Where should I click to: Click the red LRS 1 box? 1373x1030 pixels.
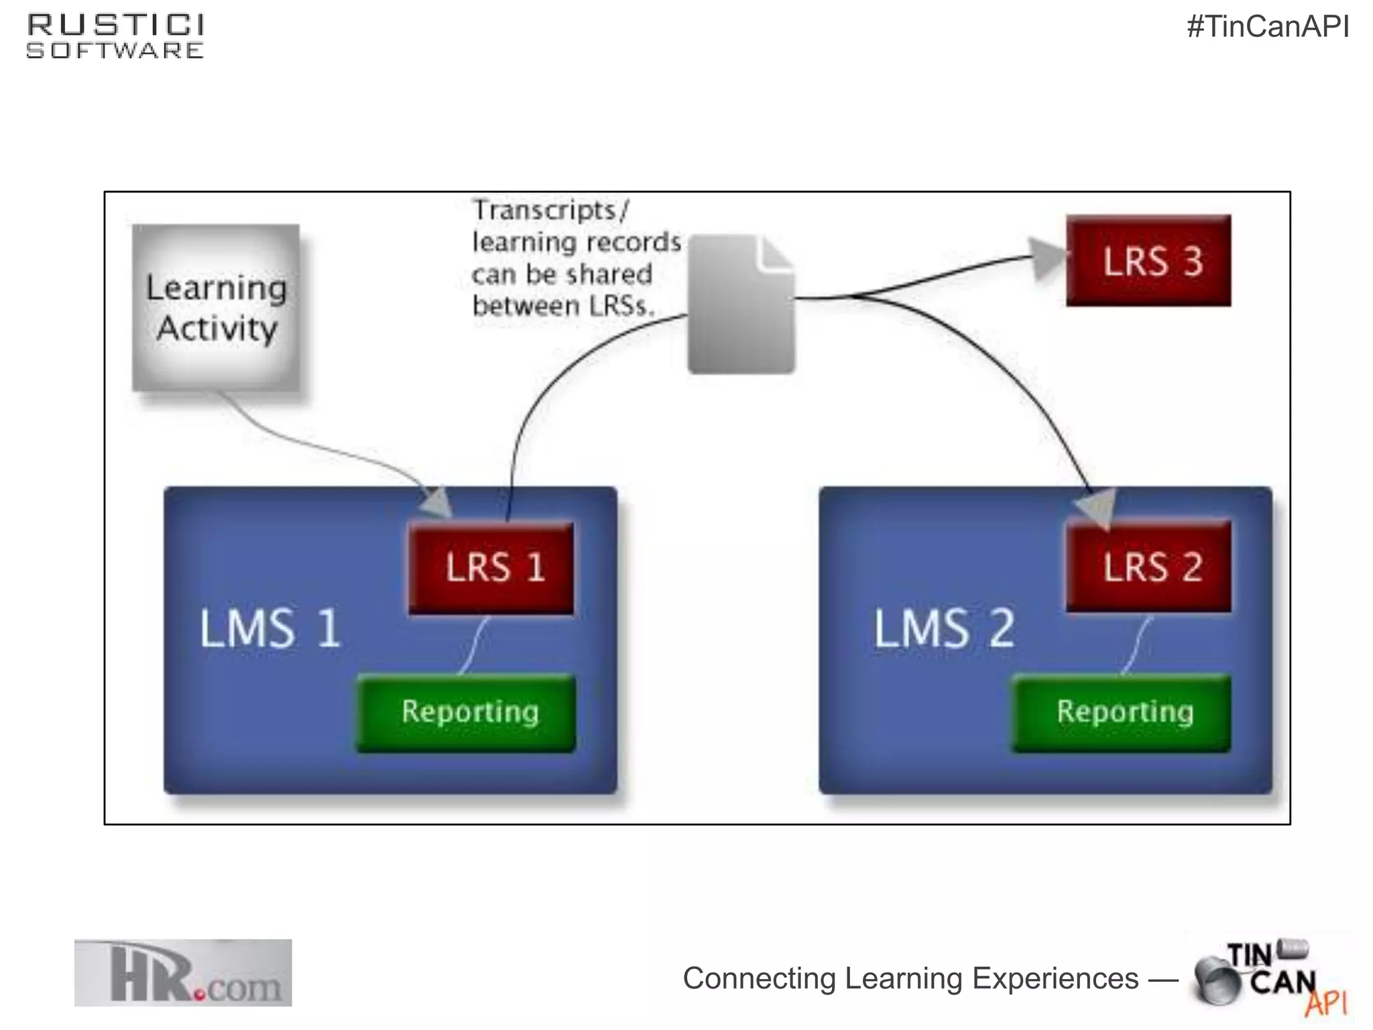click(491, 568)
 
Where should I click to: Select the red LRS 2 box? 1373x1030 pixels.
click(1148, 567)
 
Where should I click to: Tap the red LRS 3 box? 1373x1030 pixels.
click(1148, 261)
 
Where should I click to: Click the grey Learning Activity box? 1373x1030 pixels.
click(216, 308)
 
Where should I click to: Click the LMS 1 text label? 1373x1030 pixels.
click(270, 628)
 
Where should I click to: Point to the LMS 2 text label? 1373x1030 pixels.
click(944, 628)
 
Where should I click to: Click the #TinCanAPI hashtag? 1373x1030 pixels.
click(1268, 27)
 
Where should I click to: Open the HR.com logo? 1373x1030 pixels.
click(183, 973)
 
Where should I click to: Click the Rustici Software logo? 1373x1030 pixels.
click(115, 36)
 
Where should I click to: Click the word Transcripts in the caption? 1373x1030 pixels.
click(544, 211)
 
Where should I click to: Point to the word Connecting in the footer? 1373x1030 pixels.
click(759, 978)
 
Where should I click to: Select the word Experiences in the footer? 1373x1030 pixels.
click(1055, 978)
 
